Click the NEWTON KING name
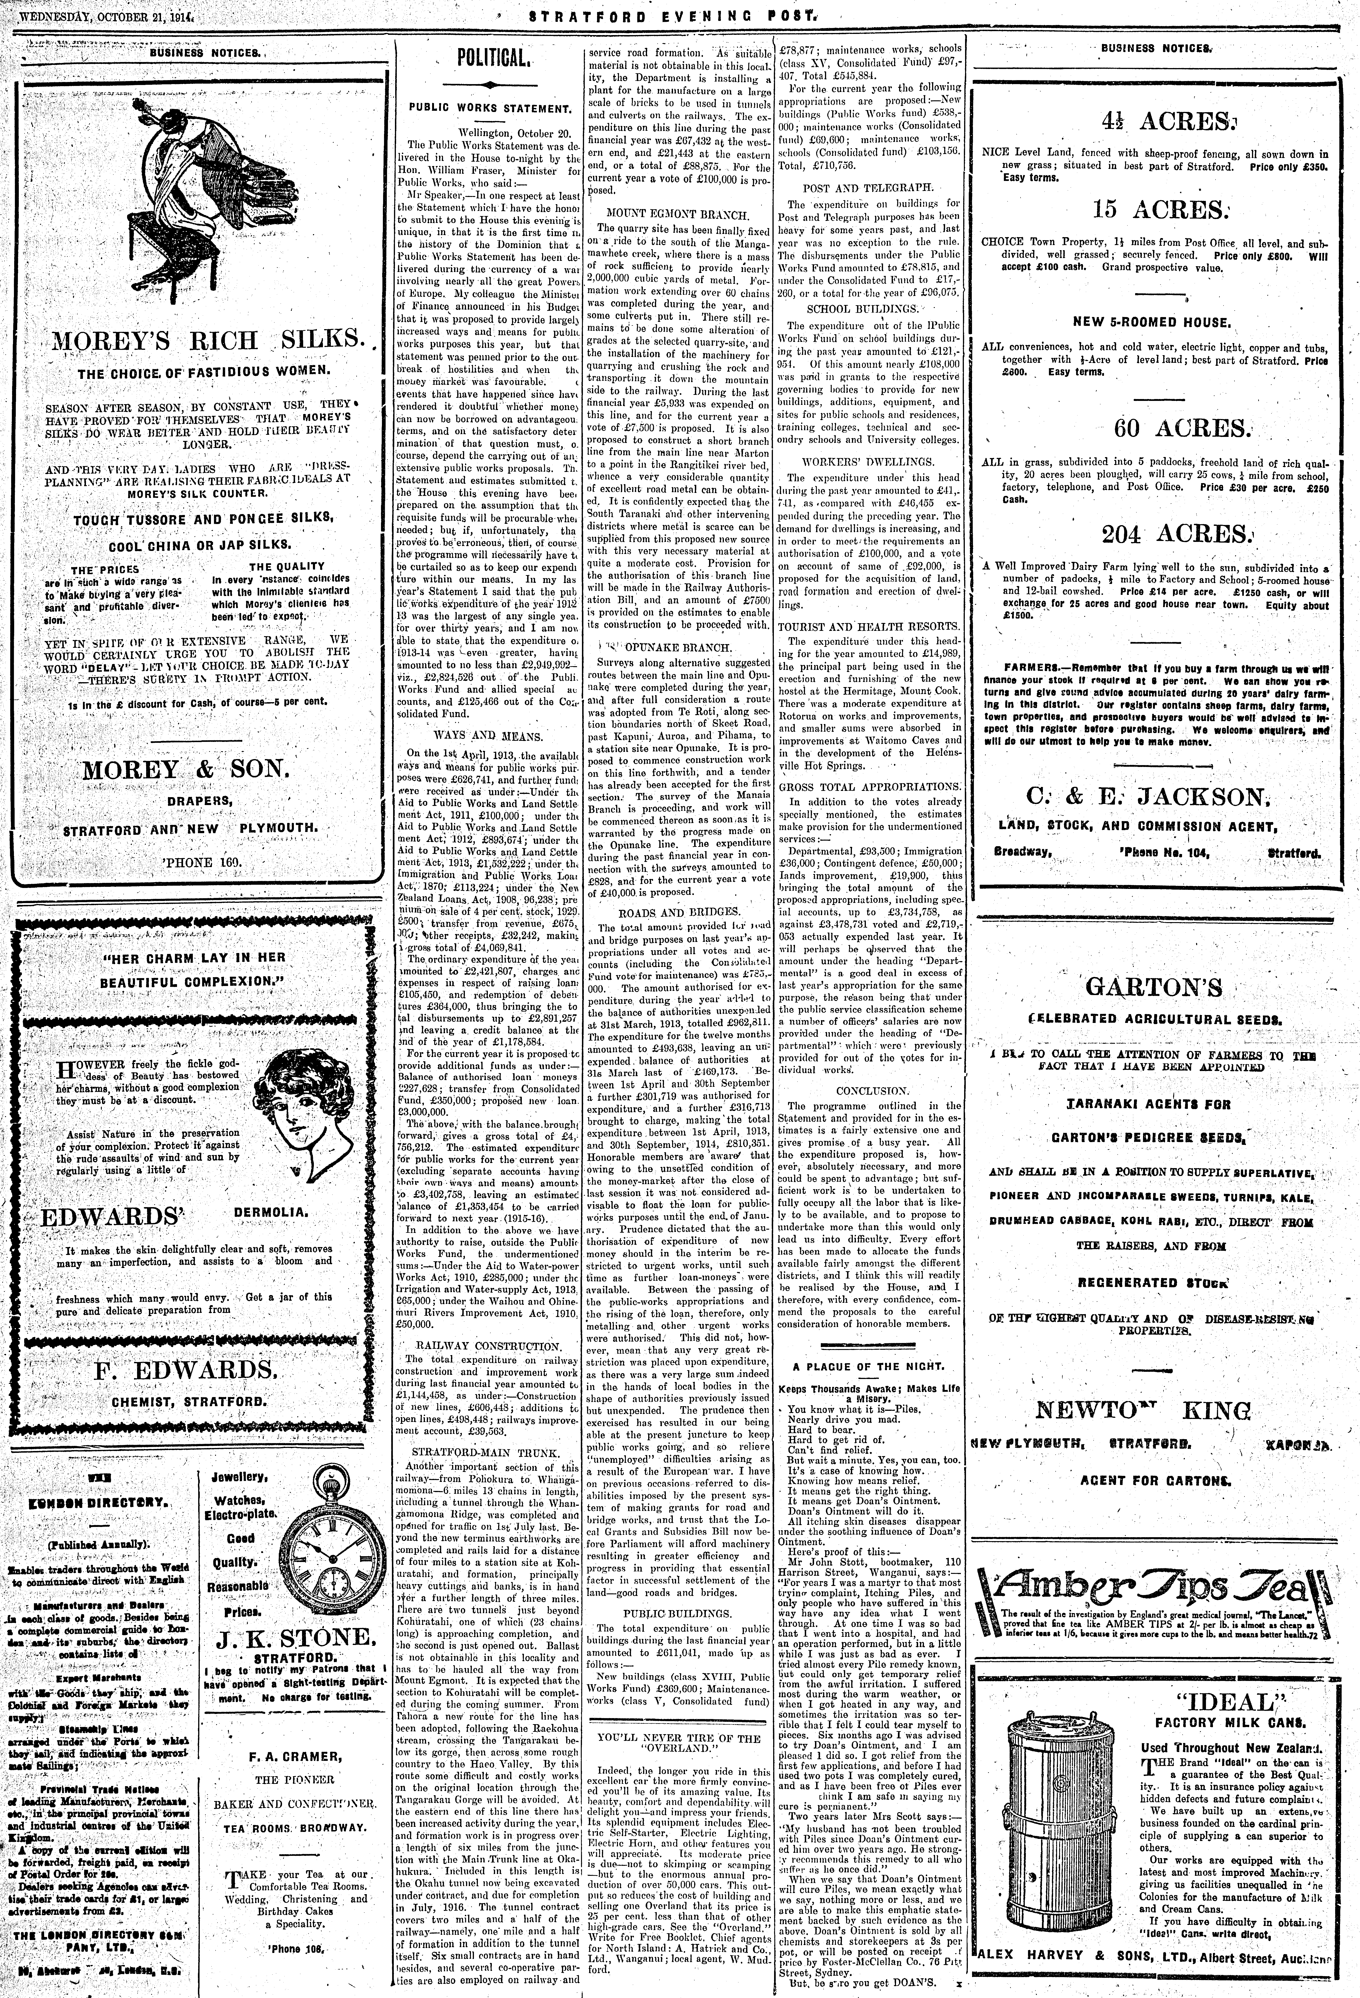[1143, 1410]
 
